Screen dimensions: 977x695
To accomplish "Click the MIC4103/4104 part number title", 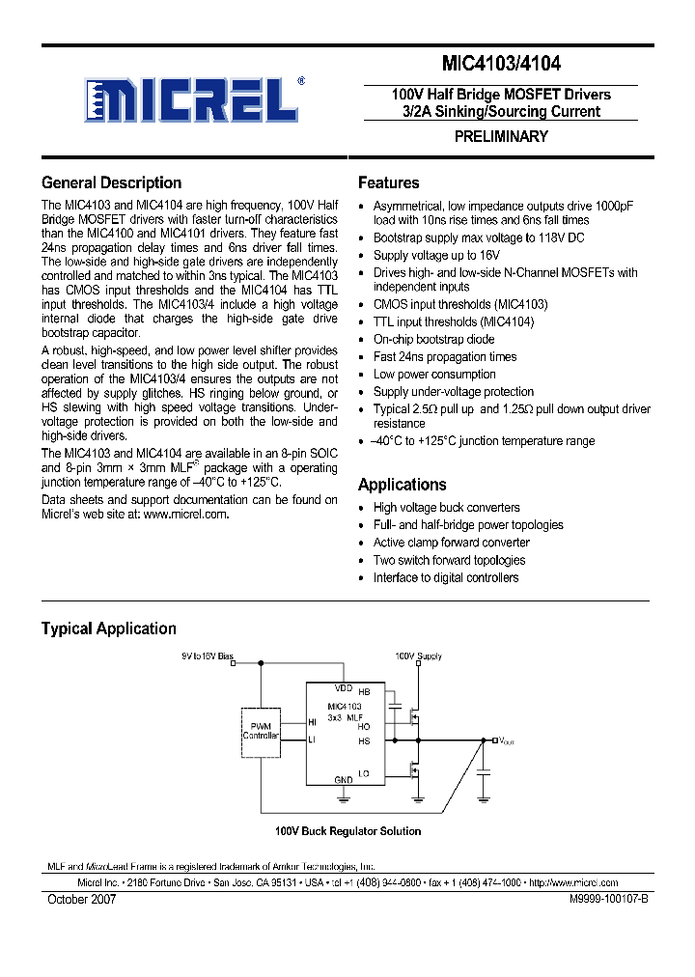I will tap(501, 65).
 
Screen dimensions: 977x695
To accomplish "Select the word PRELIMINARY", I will tap(501, 137).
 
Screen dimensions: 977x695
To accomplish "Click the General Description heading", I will tap(111, 182).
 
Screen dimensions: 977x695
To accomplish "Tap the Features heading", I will tap(388, 182).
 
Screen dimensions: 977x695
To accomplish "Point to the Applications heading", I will tap(402, 485).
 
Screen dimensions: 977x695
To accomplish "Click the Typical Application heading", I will tap(108, 628).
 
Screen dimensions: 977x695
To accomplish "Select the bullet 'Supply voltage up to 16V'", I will tap(436, 256).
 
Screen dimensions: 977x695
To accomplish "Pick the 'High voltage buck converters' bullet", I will tap(446, 508).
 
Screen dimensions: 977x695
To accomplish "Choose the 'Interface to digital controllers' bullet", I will tap(446, 578).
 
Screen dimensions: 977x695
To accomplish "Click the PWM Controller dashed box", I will tap(261, 731).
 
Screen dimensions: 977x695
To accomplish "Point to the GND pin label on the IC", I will tap(343, 779).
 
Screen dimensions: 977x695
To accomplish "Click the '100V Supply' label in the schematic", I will tap(418, 656).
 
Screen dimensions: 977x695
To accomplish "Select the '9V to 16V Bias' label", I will tap(208, 656).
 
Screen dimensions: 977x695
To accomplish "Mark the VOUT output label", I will tap(507, 740).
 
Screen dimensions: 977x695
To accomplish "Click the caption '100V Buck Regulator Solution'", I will tap(347, 831).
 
